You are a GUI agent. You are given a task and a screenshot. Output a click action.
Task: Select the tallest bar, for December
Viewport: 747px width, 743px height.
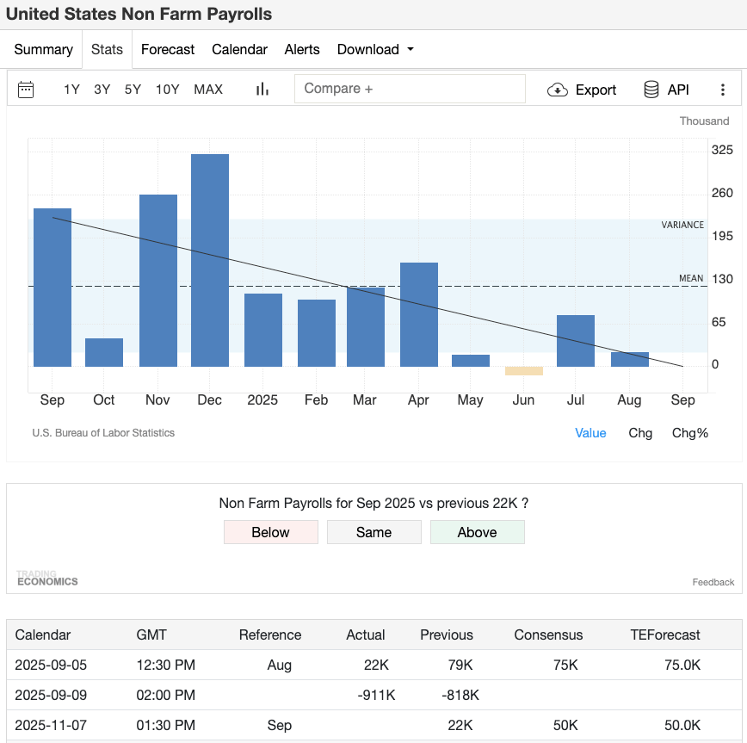210,260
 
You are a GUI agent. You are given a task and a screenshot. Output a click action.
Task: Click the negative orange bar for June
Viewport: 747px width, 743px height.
524,371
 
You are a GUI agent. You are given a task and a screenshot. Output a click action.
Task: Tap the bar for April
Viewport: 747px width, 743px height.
419,314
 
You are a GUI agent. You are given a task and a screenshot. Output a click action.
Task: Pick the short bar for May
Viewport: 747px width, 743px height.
471,361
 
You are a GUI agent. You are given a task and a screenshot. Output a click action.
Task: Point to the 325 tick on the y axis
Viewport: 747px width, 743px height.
722,150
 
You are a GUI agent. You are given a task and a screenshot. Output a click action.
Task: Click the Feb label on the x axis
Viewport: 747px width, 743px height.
316,400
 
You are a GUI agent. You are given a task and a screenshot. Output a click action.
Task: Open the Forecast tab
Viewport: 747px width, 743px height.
168,50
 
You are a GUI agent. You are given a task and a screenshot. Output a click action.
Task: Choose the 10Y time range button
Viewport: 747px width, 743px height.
167,90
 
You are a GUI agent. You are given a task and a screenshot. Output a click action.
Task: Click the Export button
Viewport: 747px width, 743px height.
583,90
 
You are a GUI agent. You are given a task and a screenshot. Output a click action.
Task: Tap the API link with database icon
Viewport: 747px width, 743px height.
666,90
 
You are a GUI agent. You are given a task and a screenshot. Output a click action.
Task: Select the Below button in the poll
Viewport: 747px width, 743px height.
270,532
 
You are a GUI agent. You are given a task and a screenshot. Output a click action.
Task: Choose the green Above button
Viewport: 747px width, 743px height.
477,532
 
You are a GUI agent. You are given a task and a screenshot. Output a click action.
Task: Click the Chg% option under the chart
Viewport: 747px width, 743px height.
689,433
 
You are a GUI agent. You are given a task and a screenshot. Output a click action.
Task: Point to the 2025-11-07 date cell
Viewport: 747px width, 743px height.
51,725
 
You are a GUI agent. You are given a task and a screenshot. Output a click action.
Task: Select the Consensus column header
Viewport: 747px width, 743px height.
548,635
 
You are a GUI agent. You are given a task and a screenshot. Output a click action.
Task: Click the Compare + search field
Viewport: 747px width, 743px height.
410,89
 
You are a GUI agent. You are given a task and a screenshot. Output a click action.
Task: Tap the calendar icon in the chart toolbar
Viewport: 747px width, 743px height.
26,90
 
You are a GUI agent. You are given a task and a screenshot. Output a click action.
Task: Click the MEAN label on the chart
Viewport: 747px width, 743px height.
691,278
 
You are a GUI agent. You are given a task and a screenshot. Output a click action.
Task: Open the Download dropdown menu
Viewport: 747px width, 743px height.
375,50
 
